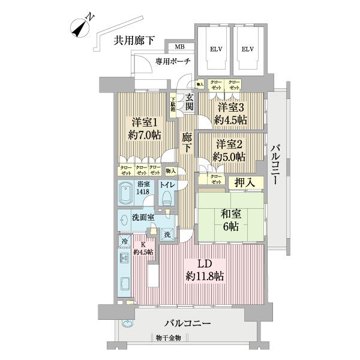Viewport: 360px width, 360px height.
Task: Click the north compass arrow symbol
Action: pos(79,26)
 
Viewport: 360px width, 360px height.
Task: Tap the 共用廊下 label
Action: pos(134,40)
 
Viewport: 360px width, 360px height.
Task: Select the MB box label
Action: pos(179,47)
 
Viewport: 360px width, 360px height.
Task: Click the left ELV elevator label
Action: pos(214,49)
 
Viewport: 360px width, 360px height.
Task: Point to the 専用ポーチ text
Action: pos(173,61)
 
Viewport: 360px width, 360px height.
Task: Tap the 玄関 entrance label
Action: pos(189,101)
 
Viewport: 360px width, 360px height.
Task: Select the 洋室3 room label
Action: pos(230,107)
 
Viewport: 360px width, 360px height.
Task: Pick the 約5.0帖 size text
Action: pos(230,157)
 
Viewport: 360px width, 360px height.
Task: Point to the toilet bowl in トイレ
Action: pos(166,197)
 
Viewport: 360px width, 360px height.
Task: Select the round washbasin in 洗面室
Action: pos(123,220)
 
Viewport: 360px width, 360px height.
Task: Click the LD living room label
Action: pos(203,264)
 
